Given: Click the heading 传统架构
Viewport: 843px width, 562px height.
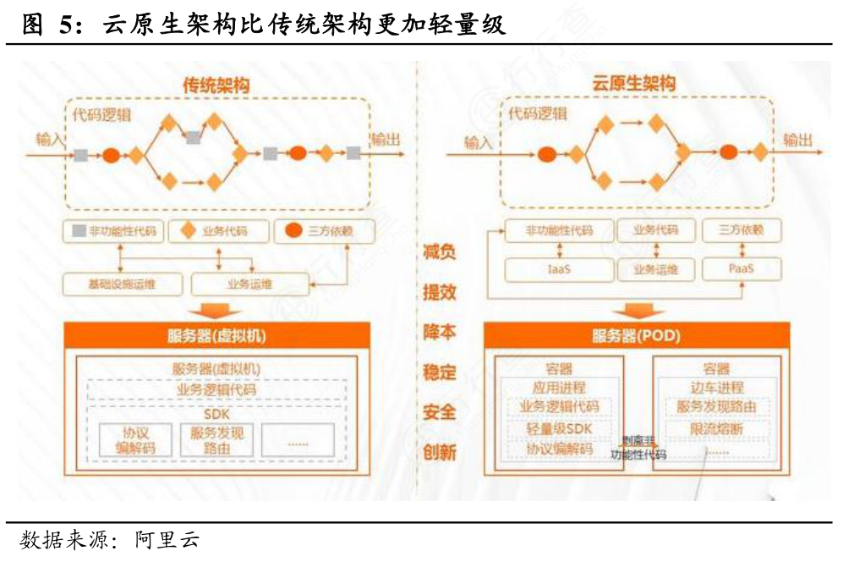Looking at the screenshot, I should coord(216,85).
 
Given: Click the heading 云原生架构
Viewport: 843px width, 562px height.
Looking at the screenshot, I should coord(633,84).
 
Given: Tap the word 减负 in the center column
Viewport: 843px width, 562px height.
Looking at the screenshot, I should coord(440,251).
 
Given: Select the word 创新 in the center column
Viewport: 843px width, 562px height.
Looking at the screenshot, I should coord(440,452).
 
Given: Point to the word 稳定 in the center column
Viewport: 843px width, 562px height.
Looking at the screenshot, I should coord(440,372).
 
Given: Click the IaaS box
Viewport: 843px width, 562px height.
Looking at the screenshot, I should coord(558,270).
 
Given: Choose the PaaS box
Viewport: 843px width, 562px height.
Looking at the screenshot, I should coord(741,270).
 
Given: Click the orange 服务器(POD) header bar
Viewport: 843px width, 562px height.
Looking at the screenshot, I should coord(636,336).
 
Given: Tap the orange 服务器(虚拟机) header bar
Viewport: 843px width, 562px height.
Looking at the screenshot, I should coord(217,336).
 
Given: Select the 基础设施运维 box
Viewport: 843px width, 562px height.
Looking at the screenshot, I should coord(122,284).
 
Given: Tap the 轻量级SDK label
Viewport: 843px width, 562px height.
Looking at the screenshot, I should coord(559,429).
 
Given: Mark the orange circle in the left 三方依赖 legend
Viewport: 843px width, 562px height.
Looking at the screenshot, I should coord(293,231).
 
